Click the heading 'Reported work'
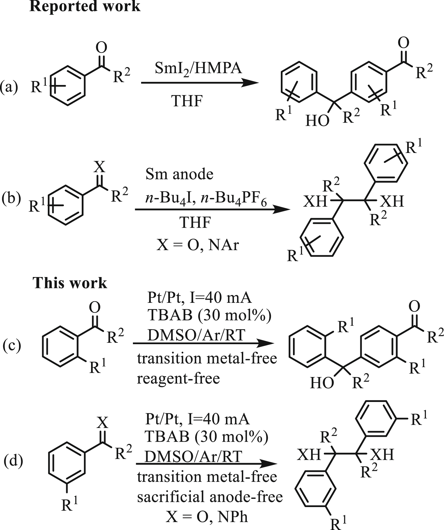[85, 6]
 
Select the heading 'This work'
[70, 283]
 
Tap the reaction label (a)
[9, 87]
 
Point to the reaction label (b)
[11, 198]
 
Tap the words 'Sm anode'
[179, 174]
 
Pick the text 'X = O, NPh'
[207, 516]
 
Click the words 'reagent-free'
[178, 378]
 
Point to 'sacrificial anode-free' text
[210, 497]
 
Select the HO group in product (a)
[317, 121]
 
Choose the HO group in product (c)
[322, 383]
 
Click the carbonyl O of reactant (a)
[101, 48]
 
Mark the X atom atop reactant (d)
[102, 423]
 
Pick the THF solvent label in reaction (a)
[187, 101]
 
